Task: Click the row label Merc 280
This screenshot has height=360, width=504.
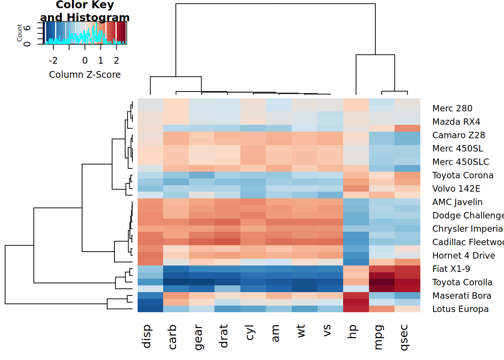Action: click(452, 108)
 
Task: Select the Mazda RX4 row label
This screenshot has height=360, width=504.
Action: click(456, 122)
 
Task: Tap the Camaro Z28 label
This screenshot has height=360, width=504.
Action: click(458, 135)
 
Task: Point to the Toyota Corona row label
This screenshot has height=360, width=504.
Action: click(462, 175)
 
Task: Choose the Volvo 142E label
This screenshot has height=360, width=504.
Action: click(456, 189)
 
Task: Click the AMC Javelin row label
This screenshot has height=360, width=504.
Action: click(457, 202)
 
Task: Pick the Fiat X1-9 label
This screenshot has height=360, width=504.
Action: click(451, 269)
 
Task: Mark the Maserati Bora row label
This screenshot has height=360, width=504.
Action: click(461, 295)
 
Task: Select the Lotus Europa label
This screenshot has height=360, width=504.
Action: click(460, 309)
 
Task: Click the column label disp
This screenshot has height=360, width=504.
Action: click(147, 336)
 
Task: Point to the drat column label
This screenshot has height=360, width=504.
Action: click(223, 336)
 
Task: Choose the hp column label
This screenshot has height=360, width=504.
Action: click(352, 332)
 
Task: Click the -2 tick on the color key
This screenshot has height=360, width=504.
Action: click(53, 60)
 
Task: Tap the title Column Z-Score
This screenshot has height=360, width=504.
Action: click(85, 75)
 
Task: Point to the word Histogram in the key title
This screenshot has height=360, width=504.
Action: click(98, 17)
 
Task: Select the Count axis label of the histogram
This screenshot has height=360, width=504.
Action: click(19, 33)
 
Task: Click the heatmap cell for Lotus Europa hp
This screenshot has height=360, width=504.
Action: click(356, 309)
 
